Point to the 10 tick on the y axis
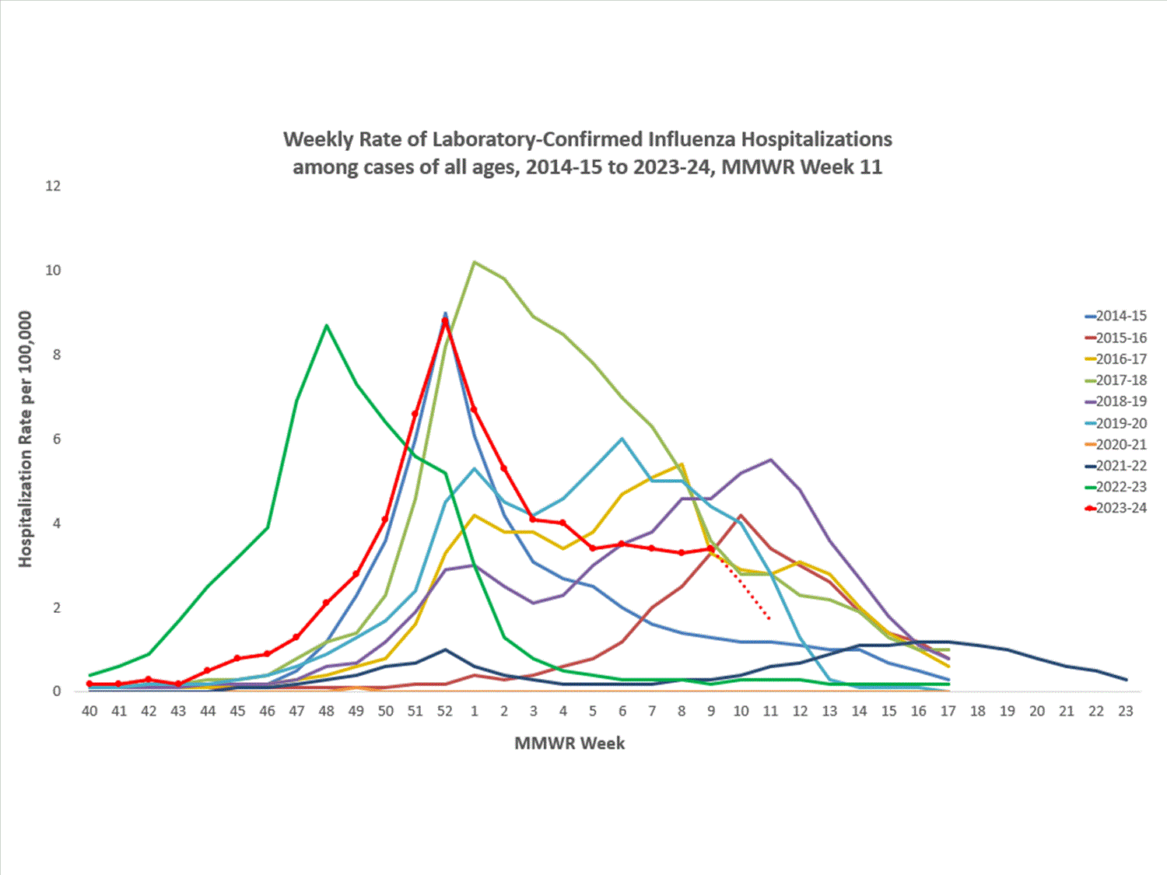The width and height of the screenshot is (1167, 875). click(53, 271)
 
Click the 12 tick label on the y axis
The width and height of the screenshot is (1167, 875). click(53, 186)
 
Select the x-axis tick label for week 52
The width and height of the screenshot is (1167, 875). click(445, 711)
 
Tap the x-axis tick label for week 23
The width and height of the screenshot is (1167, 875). click(1125, 711)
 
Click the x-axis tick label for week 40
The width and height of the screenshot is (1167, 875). click(89, 711)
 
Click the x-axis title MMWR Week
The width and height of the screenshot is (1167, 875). click(569, 744)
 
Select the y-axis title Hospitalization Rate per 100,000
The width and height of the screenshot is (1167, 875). click(26, 439)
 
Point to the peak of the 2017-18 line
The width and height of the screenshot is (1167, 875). click(475, 262)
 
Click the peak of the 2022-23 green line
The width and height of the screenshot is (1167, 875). click(327, 325)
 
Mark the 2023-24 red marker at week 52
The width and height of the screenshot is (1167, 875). click(445, 320)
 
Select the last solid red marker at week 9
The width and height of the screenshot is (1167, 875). click(711, 548)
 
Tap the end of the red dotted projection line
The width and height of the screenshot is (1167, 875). click(769, 619)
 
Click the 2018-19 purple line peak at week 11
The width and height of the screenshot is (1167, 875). click(770, 460)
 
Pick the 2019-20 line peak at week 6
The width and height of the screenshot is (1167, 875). click(622, 439)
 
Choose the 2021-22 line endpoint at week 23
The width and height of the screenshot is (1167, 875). click(1125, 680)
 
